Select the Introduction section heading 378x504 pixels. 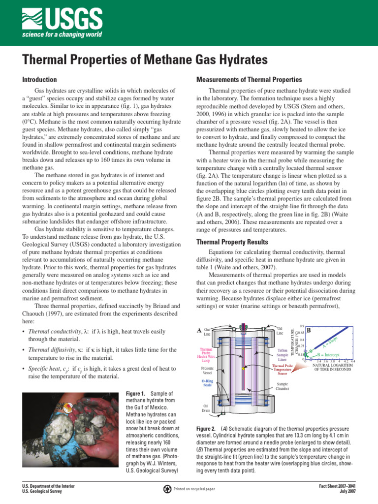click(39, 80)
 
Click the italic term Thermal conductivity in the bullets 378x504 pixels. click(51, 332)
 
